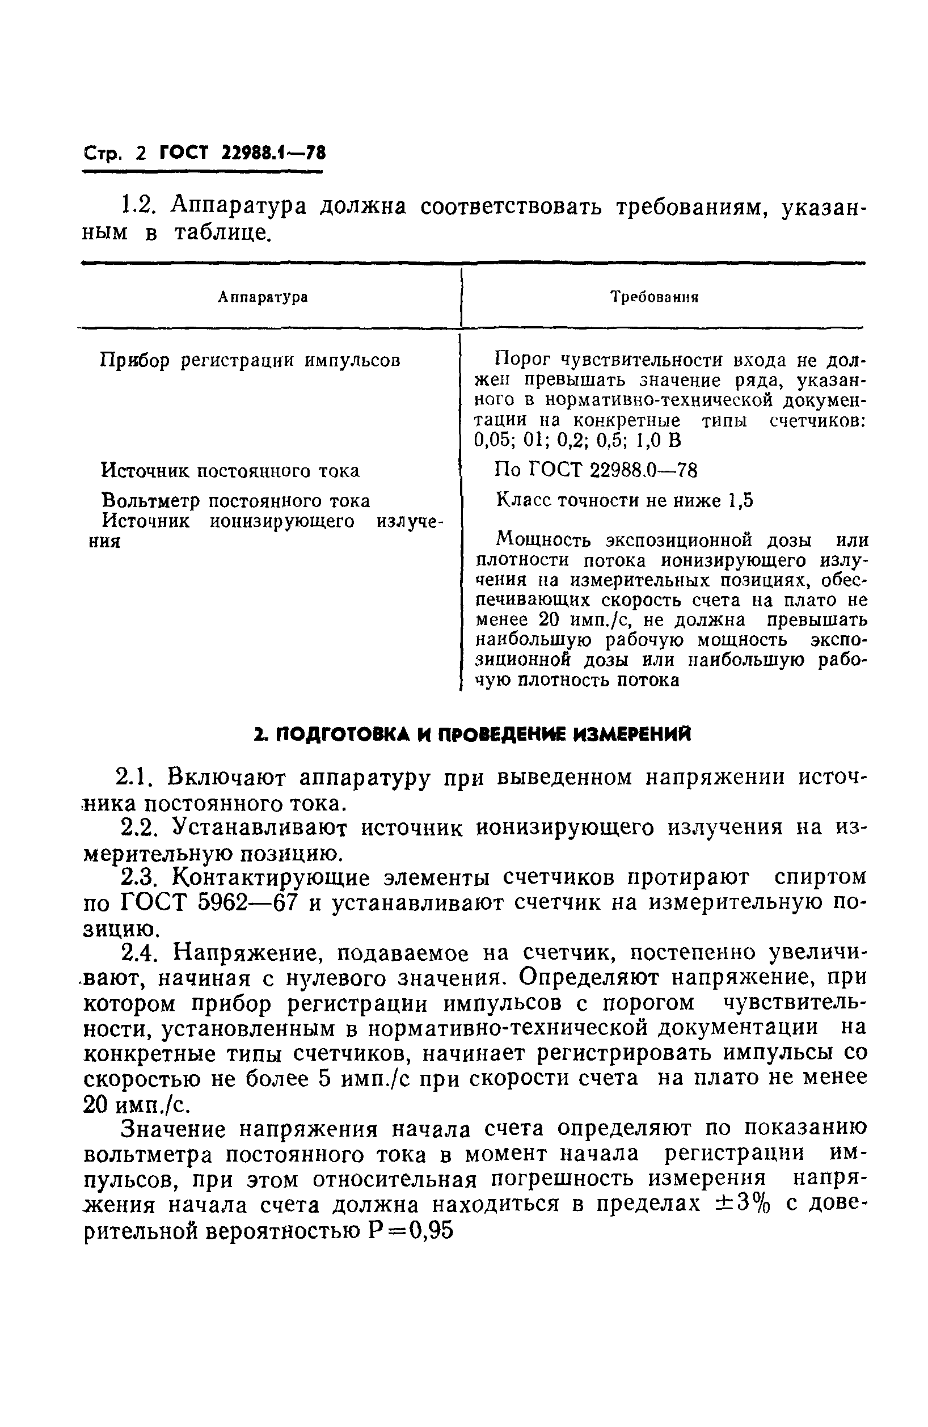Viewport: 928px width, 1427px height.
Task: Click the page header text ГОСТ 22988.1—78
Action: [242, 154]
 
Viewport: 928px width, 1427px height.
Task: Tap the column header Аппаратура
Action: [263, 297]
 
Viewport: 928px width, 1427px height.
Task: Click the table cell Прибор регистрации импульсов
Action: [250, 360]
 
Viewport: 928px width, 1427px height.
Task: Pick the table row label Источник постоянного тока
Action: [230, 470]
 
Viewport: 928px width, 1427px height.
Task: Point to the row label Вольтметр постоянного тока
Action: [235, 501]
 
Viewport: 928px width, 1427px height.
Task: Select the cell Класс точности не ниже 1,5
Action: [625, 500]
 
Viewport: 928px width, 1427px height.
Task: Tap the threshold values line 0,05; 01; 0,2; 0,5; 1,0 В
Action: [578, 441]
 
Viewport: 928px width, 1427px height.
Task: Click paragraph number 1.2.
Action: [138, 206]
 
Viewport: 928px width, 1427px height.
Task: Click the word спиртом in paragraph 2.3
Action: [820, 877]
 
